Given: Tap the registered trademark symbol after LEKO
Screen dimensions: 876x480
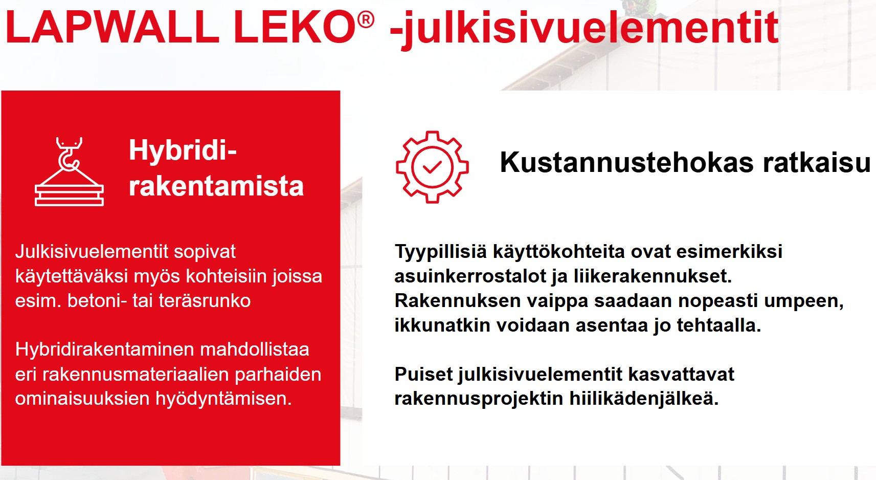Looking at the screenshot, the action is pos(366,19).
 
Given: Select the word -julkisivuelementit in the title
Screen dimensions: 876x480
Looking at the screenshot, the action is pos(584,29).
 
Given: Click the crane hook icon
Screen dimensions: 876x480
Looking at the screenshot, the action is pos(69,171).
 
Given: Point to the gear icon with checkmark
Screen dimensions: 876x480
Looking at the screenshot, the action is pos(432,167).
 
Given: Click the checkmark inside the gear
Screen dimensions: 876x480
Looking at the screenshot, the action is pos(432,167).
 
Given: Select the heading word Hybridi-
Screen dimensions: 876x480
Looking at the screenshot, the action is pos(183,150).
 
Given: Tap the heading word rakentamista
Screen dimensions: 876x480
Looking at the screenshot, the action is pos(216,186).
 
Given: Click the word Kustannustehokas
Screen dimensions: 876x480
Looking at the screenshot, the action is pos(626,162).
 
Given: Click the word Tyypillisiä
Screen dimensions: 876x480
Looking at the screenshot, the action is pos(441,252).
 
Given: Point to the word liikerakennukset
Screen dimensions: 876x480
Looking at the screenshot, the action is pos(653,276).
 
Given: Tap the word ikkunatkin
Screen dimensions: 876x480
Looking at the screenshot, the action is pos(442,325).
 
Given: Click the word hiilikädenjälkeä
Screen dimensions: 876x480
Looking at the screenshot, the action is pos(644,399).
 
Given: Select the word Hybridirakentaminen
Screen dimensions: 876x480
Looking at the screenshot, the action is pos(105,350).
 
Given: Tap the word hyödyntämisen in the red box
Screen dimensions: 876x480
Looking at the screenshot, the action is pos(223,399).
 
